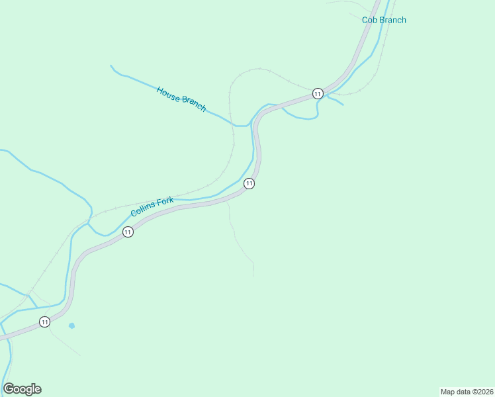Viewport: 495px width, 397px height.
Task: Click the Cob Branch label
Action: pos(384,20)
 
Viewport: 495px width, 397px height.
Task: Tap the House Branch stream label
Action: pos(181,99)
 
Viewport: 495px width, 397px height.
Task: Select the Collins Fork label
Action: pos(152,207)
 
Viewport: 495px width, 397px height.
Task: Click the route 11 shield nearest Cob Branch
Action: pos(318,93)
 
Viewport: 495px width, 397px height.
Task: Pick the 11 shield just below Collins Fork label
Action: pos(128,232)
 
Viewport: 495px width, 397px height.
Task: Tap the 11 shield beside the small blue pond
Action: pos(44,322)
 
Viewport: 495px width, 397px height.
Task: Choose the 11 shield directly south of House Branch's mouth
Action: pos(249,183)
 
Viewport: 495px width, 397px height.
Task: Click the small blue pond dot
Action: pos(71,326)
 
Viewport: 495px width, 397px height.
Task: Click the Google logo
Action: pos(22,389)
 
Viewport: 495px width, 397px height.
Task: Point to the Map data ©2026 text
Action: pos(467,391)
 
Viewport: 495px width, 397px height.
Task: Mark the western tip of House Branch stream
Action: pos(111,66)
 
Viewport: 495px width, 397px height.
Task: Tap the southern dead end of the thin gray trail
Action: pos(253,276)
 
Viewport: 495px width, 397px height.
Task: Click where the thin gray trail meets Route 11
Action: pos(226,201)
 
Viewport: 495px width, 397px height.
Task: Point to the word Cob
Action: pos(369,20)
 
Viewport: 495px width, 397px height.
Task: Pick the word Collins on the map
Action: pos(144,210)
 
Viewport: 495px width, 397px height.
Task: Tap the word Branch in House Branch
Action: pos(194,104)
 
